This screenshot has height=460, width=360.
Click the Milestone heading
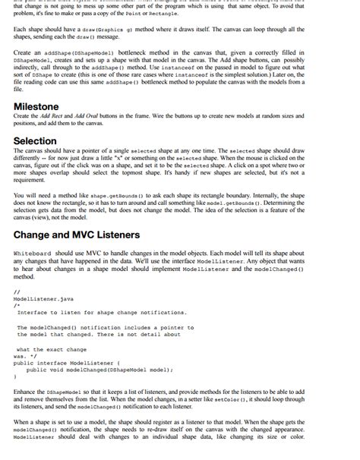(36, 106)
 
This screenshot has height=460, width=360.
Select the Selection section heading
(35, 140)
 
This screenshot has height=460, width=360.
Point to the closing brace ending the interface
(15, 377)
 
